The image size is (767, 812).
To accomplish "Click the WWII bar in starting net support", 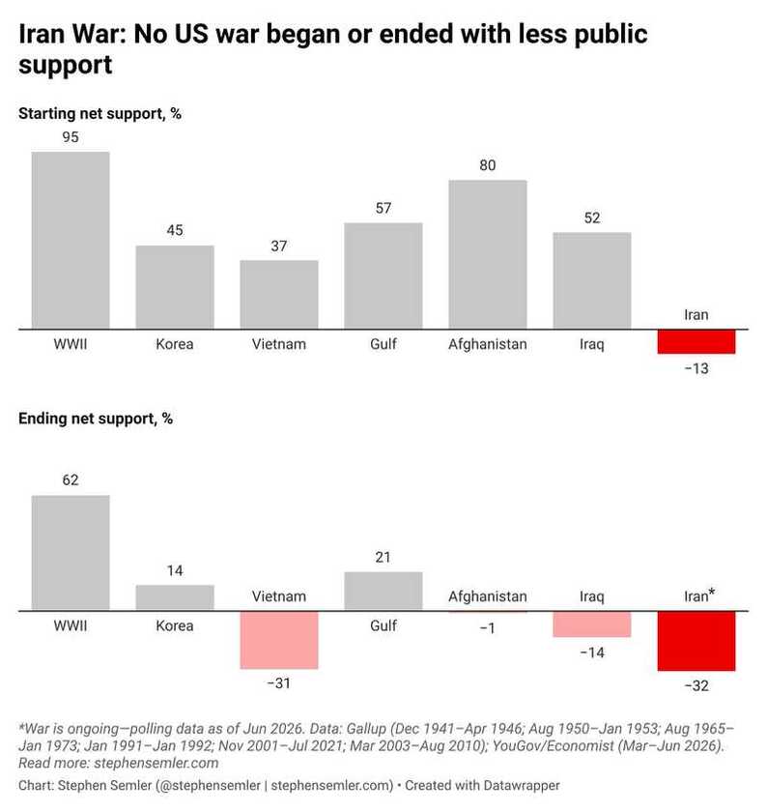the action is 71,241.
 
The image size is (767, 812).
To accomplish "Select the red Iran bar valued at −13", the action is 696,342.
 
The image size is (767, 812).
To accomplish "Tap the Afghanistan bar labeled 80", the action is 488,254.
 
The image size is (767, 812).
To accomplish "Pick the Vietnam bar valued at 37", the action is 279,295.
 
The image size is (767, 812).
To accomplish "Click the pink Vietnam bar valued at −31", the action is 279,641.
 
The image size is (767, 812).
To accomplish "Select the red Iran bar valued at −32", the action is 696,641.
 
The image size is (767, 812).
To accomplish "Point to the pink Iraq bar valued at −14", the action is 592,624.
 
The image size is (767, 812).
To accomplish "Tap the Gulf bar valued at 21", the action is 383,592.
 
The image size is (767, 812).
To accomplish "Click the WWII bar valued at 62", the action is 71,553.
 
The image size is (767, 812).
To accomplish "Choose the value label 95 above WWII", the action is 71,137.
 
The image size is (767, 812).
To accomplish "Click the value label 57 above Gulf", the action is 383,208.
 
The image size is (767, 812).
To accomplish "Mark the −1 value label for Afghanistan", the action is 488,628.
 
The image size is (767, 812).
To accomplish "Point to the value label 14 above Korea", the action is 175,570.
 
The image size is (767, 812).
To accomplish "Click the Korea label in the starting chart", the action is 175,344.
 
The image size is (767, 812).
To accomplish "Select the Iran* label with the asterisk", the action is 699,596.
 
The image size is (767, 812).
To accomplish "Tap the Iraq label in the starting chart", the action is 592,345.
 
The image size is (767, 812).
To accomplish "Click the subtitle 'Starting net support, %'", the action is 99,113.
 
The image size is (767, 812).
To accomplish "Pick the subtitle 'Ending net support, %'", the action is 96,419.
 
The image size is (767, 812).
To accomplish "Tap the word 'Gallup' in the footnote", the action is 366,729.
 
